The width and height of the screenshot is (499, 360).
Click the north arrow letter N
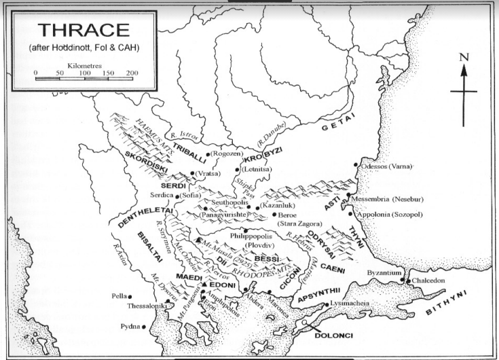pos(464,58)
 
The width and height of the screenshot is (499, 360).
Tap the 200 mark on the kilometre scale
pos(131,72)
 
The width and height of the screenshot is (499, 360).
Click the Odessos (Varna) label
pos(390,166)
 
